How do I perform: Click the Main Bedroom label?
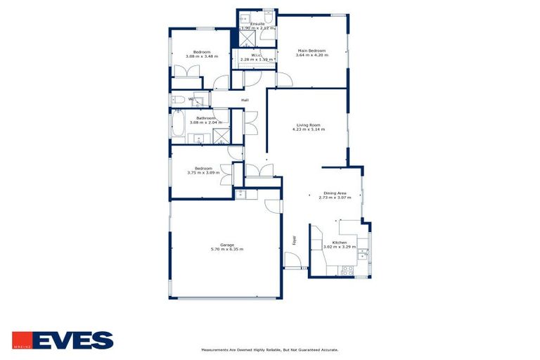click(311, 51)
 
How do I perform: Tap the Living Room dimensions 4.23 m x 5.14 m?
click(307, 130)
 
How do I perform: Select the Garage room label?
click(227, 245)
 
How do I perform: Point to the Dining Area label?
click(335, 193)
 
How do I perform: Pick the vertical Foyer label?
click(294, 240)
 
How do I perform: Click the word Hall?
click(245, 101)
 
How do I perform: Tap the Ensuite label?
click(257, 23)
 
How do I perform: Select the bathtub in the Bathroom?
click(178, 127)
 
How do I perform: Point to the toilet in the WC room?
click(178, 100)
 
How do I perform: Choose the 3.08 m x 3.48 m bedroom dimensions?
click(202, 56)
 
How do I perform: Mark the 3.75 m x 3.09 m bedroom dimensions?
click(204, 173)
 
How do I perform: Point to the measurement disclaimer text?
click(269, 349)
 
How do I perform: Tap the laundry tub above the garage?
click(242, 193)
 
